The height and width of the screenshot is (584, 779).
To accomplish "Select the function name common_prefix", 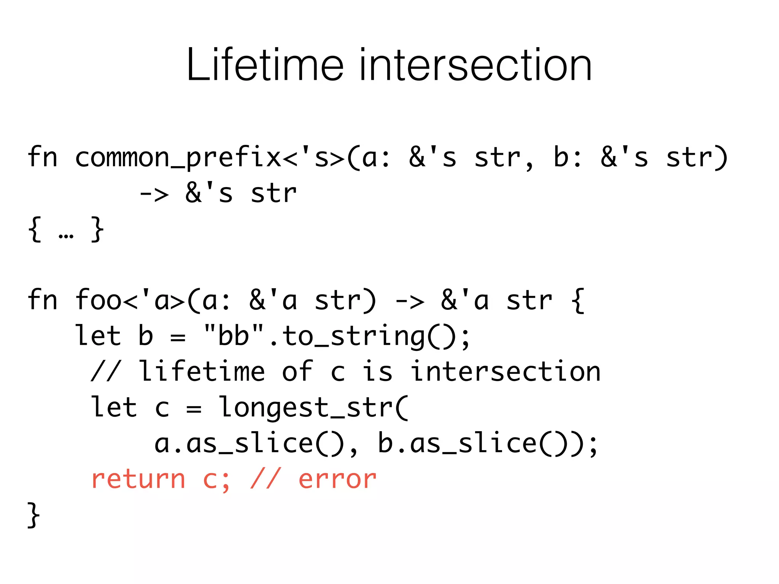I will click(x=178, y=158).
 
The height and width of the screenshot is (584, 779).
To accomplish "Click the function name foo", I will click(x=98, y=300).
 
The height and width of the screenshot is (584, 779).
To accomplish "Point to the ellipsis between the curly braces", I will click(x=66, y=236).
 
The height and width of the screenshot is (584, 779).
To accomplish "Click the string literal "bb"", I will click(x=234, y=336).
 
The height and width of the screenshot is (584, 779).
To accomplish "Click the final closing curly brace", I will click(x=33, y=515).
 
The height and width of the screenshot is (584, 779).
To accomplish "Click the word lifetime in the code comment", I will click(x=202, y=371).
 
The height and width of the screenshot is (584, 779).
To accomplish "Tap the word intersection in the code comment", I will click(x=506, y=371).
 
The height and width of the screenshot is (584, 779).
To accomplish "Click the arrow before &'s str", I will click(x=154, y=194).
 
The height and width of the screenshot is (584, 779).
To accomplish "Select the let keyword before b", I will click(x=98, y=336).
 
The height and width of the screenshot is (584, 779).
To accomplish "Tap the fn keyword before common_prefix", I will click(x=42, y=157).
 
